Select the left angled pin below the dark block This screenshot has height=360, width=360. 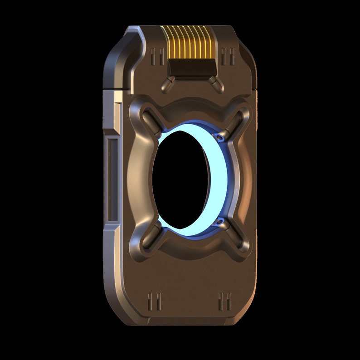pos(167,82)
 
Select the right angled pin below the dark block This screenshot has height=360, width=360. pos(213,82)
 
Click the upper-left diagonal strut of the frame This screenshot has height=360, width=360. pos(152,120)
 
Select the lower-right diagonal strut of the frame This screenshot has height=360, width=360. pos(237,238)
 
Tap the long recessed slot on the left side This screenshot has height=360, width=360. pos(112,181)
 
